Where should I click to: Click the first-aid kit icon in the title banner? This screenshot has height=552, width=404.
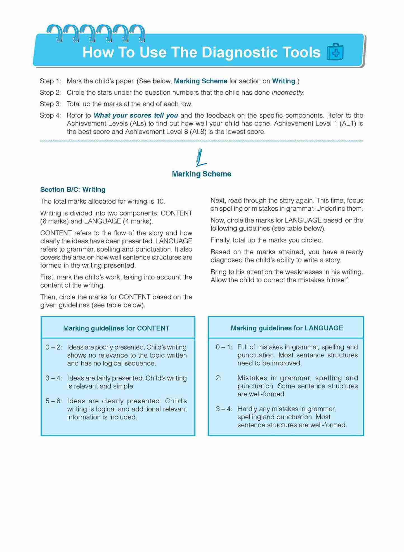(335, 52)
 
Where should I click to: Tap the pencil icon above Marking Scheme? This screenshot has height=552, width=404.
(200, 158)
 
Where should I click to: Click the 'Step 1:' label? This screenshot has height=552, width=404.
(50, 81)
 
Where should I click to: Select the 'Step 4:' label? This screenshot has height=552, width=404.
(50, 115)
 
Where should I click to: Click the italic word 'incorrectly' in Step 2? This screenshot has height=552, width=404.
(287, 93)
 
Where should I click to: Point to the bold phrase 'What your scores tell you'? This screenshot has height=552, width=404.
(136, 115)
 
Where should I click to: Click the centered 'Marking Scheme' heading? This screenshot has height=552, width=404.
(202, 174)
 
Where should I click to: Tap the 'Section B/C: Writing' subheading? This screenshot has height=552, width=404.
(73, 190)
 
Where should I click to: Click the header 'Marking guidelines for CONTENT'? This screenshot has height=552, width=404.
(116, 328)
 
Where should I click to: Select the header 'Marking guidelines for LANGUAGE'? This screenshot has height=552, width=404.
(287, 328)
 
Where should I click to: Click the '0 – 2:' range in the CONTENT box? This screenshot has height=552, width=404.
(54, 347)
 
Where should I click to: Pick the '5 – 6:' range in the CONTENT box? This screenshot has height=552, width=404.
(54, 401)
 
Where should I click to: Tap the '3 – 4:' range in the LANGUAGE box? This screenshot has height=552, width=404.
(224, 409)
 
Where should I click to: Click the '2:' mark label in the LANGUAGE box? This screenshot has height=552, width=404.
(218, 378)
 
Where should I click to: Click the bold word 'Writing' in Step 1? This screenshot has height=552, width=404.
(283, 81)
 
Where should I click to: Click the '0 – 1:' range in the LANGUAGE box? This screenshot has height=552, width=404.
(224, 347)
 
